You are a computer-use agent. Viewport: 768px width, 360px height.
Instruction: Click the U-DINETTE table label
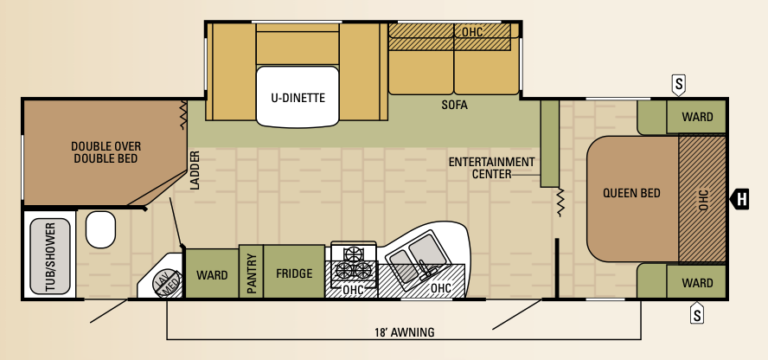point(298,98)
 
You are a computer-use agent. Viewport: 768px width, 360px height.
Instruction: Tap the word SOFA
point(453,105)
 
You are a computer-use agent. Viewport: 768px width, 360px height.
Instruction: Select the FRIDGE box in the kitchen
point(294,272)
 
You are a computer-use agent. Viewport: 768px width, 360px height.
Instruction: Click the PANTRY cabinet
point(252,272)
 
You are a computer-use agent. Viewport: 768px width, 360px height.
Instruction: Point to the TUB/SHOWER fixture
point(50,256)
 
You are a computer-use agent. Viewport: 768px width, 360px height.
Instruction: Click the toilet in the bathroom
point(101,229)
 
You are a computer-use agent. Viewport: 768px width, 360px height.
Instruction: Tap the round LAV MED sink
point(166,285)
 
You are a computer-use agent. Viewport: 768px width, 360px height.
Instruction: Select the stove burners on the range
point(353,264)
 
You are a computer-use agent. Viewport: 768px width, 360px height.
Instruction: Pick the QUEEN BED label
point(631,192)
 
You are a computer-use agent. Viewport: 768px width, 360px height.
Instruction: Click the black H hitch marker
point(739,199)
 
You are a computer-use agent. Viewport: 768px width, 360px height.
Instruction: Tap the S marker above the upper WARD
point(678,85)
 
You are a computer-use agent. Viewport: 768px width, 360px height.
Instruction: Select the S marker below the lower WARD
point(697,312)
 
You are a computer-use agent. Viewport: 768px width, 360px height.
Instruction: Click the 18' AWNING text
point(404,332)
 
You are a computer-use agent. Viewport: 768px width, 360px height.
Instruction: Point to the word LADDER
point(195,170)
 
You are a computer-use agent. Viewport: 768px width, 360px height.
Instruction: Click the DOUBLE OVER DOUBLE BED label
point(106,152)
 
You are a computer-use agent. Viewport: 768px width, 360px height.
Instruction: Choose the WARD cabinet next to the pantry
point(212,273)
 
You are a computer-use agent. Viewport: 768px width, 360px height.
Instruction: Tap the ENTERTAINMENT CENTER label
point(491,168)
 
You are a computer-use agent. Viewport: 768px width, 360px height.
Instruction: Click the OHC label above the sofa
point(471,32)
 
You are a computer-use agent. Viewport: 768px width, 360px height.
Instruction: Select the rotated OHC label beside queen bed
point(704,199)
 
